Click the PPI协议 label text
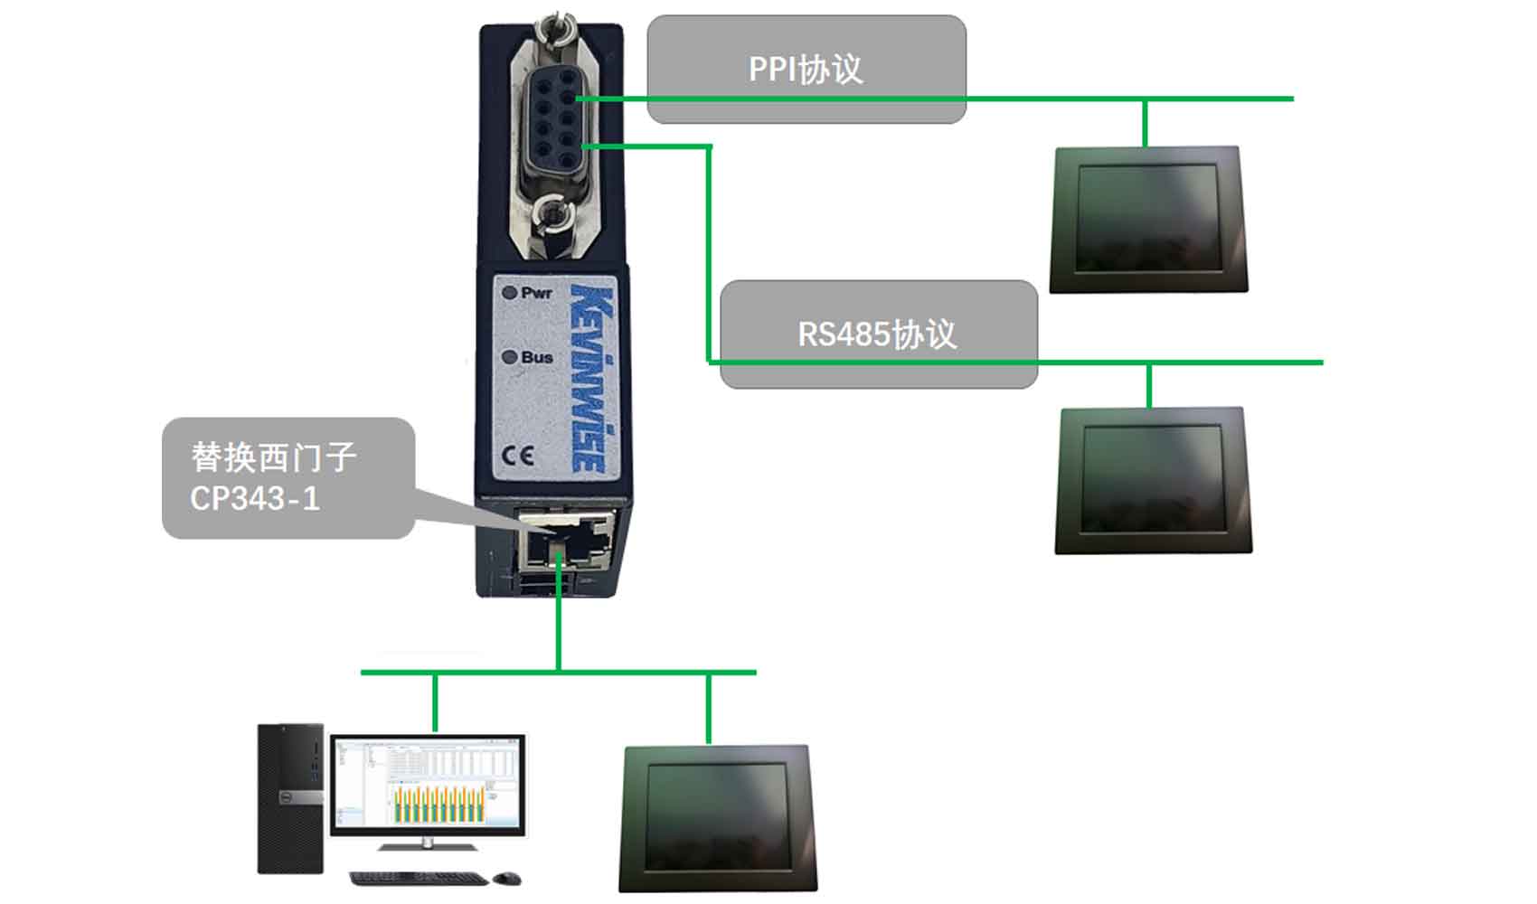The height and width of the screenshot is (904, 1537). [x=806, y=69]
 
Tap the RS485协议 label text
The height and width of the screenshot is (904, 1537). [x=876, y=334]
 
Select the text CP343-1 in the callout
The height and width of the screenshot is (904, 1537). [x=255, y=498]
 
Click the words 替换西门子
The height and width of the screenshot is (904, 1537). [x=273, y=457]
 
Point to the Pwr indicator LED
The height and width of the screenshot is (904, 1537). [x=509, y=292]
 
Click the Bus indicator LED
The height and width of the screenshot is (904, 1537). [x=510, y=357]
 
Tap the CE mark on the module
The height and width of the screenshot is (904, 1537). [x=517, y=456]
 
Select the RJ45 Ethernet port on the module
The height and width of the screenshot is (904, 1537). [x=565, y=540]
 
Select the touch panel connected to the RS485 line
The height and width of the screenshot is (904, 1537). [x=1154, y=481]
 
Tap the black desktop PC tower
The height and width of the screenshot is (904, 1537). [x=290, y=798]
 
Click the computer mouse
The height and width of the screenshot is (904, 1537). [x=507, y=878]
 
